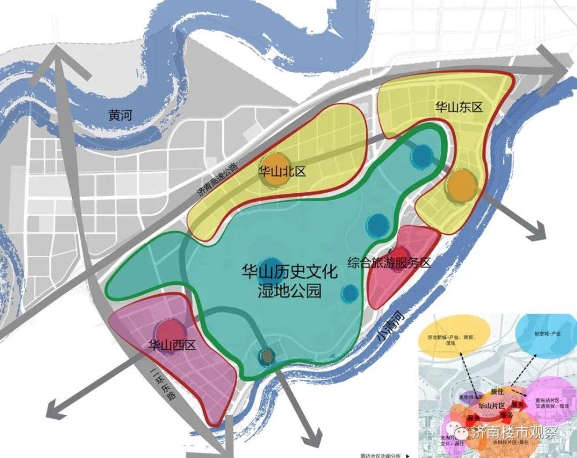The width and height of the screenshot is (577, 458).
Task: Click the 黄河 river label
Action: coord(119,115)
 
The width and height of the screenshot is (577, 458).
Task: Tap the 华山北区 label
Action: coord(282,171)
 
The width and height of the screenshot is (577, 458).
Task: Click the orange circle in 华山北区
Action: coord(273,170)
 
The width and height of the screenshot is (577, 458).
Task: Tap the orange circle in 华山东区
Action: coord(462,186)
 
